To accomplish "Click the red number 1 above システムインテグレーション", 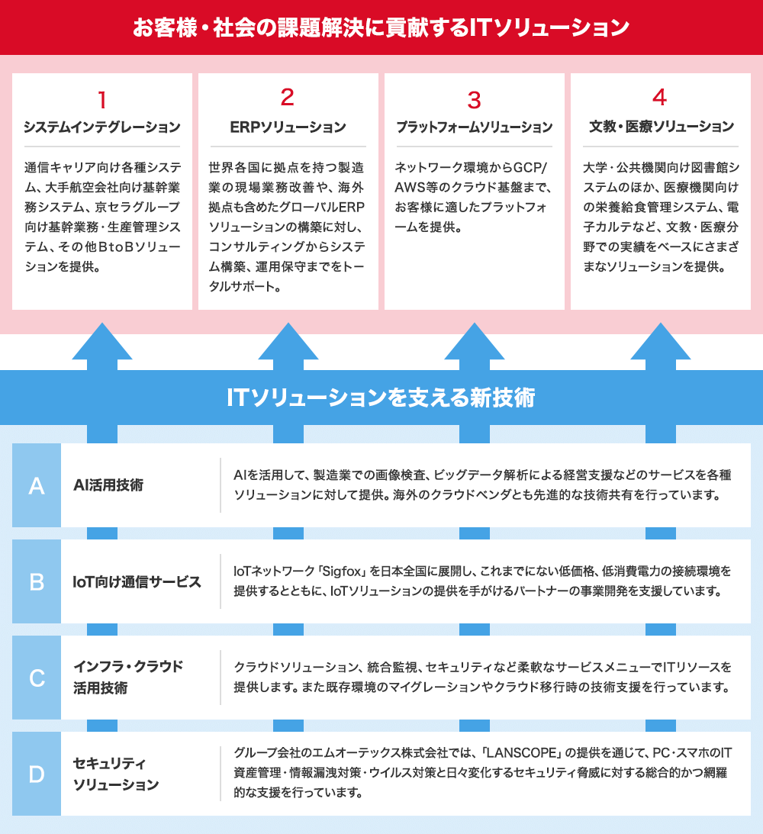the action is [102, 100].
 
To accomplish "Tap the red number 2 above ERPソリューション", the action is [288, 97].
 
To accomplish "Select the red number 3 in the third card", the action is [474, 100].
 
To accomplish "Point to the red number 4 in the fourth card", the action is [660, 97].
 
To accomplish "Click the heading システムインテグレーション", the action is [102, 127].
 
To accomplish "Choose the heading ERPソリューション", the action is [288, 127].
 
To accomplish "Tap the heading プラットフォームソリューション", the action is [475, 127].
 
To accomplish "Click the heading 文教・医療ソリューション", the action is [661, 127].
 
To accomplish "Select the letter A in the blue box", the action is [37, 485].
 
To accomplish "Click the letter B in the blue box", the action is [37, 582].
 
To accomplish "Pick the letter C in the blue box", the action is [37, 678].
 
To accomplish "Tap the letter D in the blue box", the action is [37, 774].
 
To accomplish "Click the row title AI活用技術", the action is [108, 485].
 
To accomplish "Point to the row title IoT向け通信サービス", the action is [137, 582].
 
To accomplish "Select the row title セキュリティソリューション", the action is [116, 774].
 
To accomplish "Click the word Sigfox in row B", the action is [341, 572].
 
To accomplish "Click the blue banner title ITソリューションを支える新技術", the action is [381, 398].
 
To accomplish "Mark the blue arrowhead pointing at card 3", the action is [475, 342].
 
